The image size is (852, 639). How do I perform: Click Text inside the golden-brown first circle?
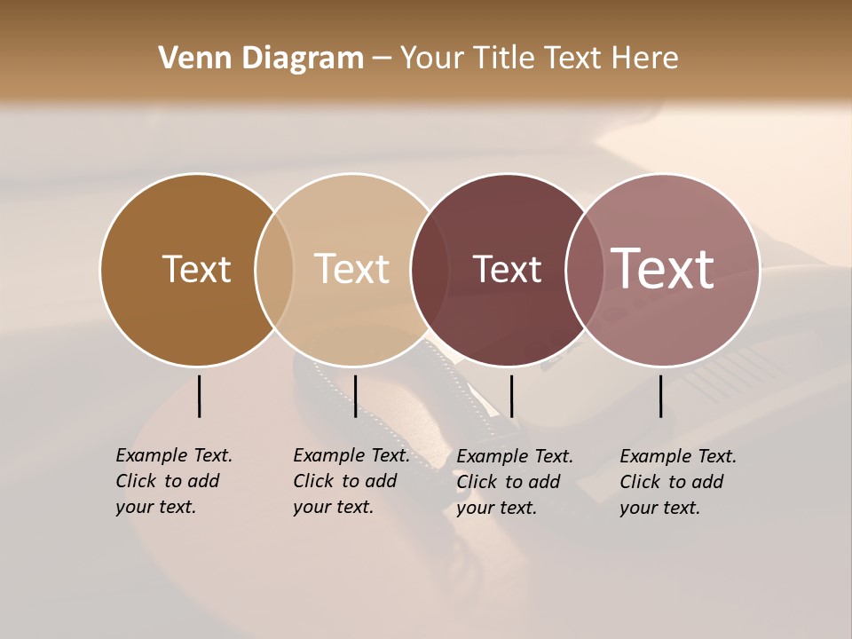(196, 269)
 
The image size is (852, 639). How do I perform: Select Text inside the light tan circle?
(352, 269)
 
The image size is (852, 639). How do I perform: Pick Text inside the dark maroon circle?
(507, 270)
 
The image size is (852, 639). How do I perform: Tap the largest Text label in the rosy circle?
(663, 269)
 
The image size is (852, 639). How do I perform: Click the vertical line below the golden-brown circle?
(199, 396)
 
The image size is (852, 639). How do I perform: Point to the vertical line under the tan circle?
(355, 396)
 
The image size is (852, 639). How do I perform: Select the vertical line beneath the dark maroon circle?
(511, 396)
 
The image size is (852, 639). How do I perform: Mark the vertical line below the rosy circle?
(661, 396)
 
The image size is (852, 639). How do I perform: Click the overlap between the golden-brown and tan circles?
(274, 270)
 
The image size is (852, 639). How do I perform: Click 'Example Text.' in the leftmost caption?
(174, 455)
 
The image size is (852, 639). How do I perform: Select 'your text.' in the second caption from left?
(333, 507)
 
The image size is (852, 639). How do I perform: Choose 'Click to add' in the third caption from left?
(509, 482)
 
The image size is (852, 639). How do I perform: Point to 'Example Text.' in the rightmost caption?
(678, 456)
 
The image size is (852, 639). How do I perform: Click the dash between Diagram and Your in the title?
(382, 59)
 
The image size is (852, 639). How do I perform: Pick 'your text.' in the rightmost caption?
(659, 508)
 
